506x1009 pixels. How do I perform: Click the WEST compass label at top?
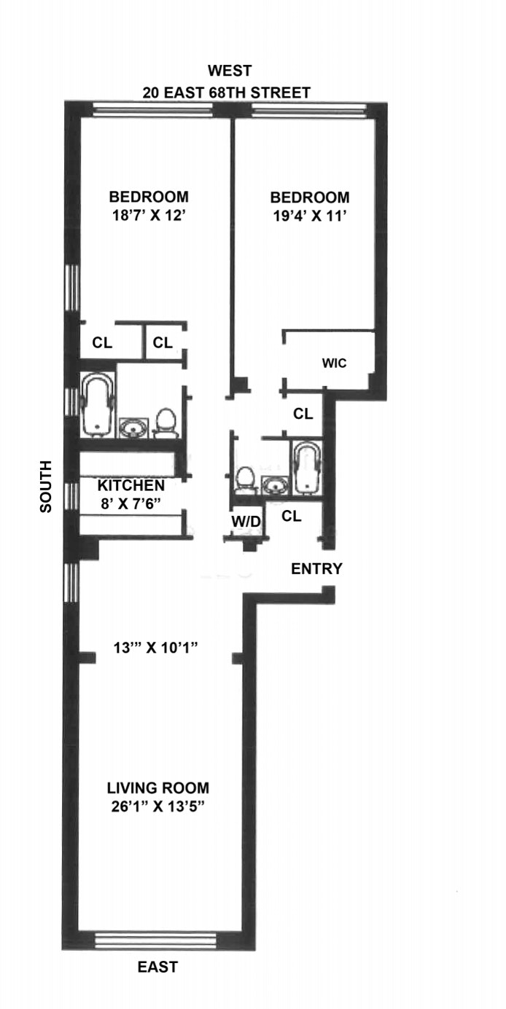[230, 71]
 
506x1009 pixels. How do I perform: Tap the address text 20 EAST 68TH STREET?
[227, 93]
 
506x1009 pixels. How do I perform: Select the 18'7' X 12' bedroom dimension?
[149, 216]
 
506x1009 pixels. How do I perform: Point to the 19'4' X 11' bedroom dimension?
[310, 216]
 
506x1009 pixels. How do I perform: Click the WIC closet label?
[334, 363]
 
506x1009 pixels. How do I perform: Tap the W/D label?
[246, 522]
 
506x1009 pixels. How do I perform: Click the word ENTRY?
[316, 569]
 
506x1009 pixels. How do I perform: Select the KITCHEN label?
[131, 486]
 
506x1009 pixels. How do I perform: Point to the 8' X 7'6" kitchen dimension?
[131, 503]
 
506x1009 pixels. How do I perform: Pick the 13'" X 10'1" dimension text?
[155, 648]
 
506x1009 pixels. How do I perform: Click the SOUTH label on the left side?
[46, 487]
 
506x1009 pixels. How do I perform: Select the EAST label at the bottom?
[157, 967]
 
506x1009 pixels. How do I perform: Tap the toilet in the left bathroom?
[166, 423]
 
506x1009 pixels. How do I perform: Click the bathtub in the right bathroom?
[307, 468]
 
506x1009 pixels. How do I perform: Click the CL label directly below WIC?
[303, 414]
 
